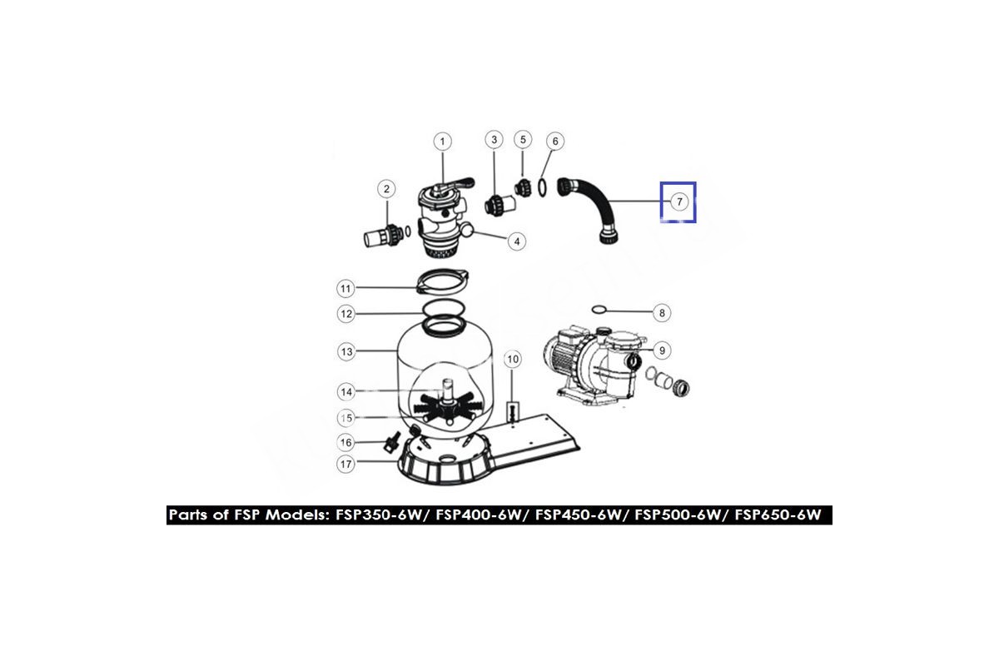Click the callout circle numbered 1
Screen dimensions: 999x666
tap(442, 142)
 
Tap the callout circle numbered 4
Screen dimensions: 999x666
tap(517, 241)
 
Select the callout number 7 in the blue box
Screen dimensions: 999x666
tap(679, 201)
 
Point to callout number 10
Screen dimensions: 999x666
tap(513, 359)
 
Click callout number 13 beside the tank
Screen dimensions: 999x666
tap(346, 351)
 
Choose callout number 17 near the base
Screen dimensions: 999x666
tap(345, 464)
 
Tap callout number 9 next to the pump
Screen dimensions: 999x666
tap(662, 350)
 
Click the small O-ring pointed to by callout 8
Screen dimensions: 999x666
tap(599, 309)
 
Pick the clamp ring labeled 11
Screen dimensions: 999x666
tap(442, 281)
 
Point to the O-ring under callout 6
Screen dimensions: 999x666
tap(542, 187)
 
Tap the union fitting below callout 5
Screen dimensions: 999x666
tap(523, 187)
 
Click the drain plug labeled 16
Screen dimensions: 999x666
tap(391, 442)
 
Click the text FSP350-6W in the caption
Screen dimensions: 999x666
tap(378, 514)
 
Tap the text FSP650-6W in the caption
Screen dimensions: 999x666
tap(778, 514)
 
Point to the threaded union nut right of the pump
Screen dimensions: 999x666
tap(681, 389)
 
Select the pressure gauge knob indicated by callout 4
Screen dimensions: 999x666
tap(466, 230)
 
